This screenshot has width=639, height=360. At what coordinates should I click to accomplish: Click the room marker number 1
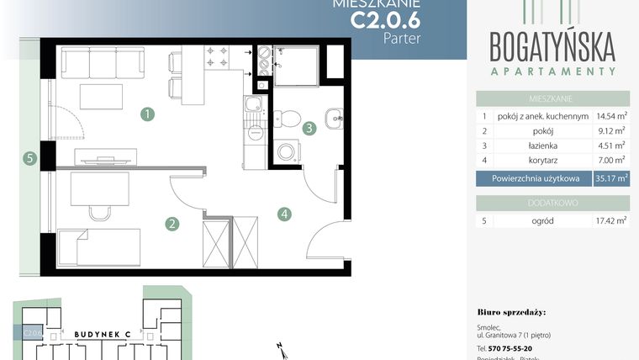coord(147,113)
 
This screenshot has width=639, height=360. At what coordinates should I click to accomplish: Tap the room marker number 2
coord(172,224)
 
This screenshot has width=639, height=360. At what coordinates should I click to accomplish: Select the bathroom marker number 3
coord(310,129)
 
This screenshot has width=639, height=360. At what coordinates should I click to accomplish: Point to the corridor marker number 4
coord(286,214)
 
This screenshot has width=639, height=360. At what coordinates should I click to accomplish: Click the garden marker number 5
coord(29,157)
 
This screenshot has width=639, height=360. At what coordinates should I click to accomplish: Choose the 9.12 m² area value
coord(614,131)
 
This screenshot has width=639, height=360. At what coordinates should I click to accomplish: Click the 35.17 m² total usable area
coord(610,178)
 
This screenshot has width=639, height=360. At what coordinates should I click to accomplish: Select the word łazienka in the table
coord(543,146)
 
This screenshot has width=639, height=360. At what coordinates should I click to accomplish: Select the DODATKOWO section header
coord(552,204)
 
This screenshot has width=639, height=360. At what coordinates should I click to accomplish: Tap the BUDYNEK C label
coord(101,334)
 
